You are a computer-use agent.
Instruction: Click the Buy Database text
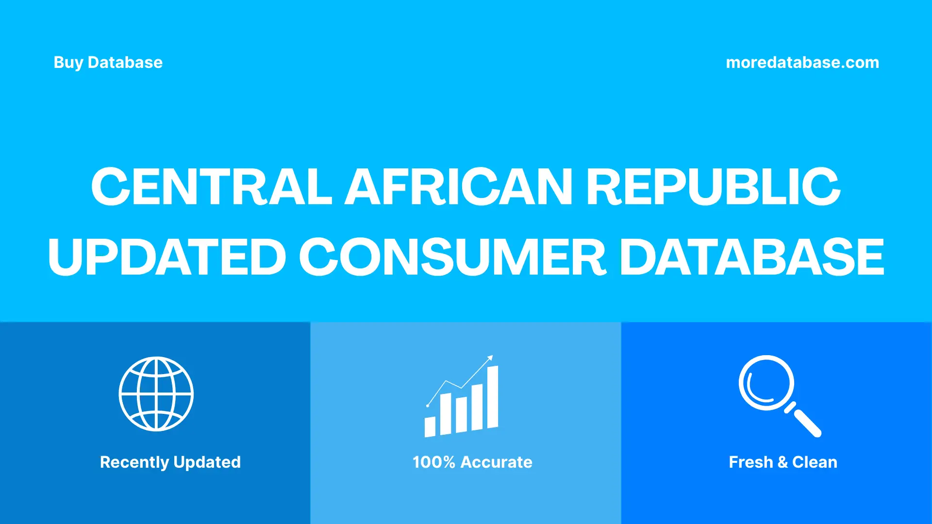coord(108,63)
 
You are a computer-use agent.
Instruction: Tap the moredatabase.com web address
coord(802,63)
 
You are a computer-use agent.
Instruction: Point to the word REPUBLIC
coord(713,187)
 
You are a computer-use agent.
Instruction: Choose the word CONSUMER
coord(452,257)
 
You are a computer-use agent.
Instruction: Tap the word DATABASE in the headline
coord(752,257)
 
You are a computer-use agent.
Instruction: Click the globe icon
coord(156,394)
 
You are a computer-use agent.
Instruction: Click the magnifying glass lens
coord(766,383)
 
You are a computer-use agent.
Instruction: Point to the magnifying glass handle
coord(807,423)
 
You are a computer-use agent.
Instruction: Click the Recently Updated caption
coord(170,462)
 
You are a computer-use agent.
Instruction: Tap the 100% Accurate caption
coord(472,462)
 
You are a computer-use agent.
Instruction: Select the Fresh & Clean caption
coord(782,462)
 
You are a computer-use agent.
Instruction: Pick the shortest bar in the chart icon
coord(430,427)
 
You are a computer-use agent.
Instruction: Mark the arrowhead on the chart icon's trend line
coord(490,358)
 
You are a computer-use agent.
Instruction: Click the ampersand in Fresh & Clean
coord(782,462)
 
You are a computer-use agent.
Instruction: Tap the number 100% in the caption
coord(433,462)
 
